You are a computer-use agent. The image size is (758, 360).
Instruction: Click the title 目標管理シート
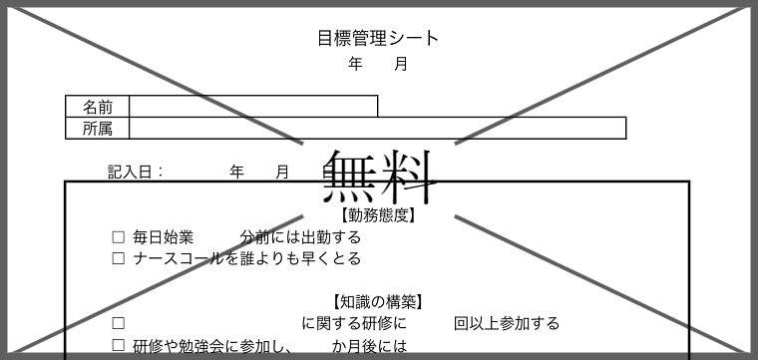[x=378, y=39]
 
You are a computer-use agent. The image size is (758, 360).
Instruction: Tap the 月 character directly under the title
[x=401, y=65]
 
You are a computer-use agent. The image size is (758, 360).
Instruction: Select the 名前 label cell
[x=98, y=107]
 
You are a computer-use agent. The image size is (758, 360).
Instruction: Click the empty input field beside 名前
[x=252, y=107]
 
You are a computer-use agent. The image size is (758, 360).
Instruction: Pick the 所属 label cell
[x=98, y=128]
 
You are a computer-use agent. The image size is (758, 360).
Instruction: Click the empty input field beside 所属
[x=377, y=128]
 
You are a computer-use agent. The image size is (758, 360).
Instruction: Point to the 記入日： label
[x=136, y=172]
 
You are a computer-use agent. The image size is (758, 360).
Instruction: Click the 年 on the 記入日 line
[x=236, y=172]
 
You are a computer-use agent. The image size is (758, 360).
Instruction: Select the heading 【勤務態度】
[x=378, y=214]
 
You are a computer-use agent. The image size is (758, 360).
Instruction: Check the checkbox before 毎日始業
[x=119, y=237]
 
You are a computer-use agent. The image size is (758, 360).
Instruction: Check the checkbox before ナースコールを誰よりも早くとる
[x=119, y=259]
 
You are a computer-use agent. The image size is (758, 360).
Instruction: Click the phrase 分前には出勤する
[x=300, y=237]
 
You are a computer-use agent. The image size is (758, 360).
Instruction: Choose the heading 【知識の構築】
[x=378, y=301]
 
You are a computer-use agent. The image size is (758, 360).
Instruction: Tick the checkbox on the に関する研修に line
[x=119, y=323]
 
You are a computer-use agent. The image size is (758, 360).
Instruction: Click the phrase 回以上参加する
[x=507, y=323]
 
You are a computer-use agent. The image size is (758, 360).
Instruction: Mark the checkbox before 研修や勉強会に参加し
[x=119, y=346]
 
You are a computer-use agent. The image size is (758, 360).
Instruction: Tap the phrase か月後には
[x=370, y=346]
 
